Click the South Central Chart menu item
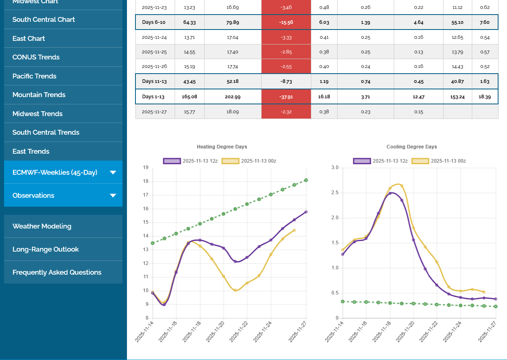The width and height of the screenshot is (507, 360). tap(44, 19)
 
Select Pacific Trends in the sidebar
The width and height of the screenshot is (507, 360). tap(34, 76)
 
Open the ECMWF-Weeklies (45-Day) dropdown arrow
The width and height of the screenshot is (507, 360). tap(113, 172)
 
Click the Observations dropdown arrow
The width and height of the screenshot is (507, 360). tap(113, 195)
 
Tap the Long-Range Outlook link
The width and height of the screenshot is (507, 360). tap(46, 249)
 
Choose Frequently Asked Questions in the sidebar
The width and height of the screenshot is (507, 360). tap(57, 272)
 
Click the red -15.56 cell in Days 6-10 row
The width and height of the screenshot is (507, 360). tap(286, 22)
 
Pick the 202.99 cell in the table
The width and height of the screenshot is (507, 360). tap(232, 97)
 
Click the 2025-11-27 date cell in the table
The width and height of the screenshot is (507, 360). tap(154, 112)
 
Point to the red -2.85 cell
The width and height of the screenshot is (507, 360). tap(286, 52)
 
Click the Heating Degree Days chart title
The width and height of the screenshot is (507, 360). tap(222, 147)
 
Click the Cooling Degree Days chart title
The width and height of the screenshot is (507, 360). tap(412, 147)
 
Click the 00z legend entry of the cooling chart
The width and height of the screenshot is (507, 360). tap(439, 161)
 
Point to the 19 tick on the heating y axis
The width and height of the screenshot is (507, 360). tap(146, 167)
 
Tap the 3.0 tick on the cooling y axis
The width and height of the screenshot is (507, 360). tap(334, 167)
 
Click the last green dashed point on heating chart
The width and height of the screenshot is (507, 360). tap(306, 180)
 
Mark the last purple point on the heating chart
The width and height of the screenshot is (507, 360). tap(306, 212)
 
